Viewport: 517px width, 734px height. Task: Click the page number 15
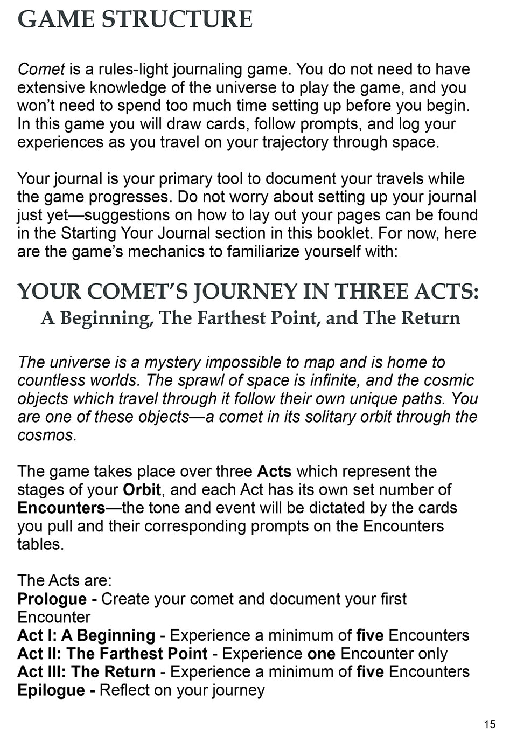click(490, 724)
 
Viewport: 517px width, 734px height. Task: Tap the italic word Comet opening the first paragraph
click(41, 70)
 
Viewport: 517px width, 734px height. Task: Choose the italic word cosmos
click(46, 435)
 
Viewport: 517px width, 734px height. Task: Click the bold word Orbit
click(142, 490)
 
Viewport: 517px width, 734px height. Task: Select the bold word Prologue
click(52, 599)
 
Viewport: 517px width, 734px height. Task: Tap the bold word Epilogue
click(52, 690)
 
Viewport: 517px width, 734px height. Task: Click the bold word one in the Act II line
click(321, 654)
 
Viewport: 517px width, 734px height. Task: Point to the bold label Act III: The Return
click(86, 672)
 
